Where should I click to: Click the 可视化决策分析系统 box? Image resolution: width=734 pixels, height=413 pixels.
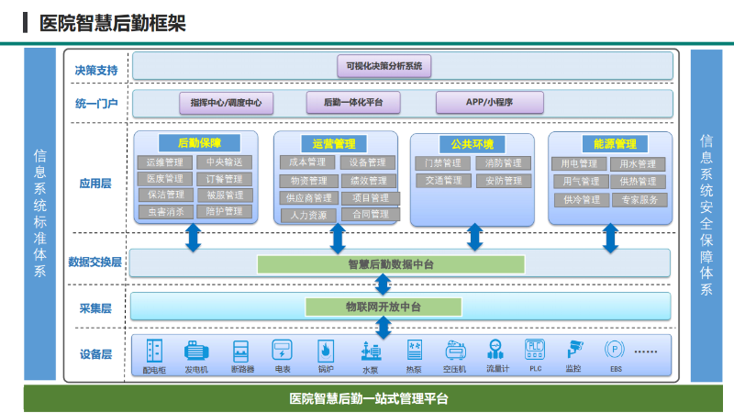(384, 66)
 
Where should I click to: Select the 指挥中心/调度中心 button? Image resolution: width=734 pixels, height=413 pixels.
(226, 103)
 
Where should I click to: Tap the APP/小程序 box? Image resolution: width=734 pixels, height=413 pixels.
(489, 103)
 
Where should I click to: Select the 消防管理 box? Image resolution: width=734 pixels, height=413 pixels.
(503, 163)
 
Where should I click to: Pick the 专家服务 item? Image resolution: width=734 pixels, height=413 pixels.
(639, 199)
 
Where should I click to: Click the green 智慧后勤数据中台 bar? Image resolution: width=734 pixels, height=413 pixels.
(391, 264)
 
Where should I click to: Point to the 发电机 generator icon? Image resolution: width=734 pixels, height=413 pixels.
(196, 351)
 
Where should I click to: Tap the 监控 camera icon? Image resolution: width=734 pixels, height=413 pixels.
(574, 350)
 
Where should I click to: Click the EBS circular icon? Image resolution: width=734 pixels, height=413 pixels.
(615, 350)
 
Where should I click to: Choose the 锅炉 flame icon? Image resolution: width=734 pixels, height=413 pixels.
(325, 351)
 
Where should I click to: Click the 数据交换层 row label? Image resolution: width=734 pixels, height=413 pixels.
(95, 262)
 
